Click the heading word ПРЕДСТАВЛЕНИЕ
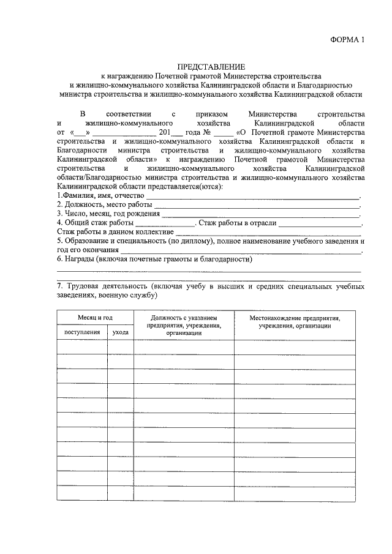pos(211,66)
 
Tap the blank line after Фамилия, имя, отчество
pos(252,197)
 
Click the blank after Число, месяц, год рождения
pos(260,215)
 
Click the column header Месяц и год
pos(95,318)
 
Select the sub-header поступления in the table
pos(82,332)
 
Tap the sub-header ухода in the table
pos(121,332)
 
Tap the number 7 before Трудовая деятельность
pos(59,286)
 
